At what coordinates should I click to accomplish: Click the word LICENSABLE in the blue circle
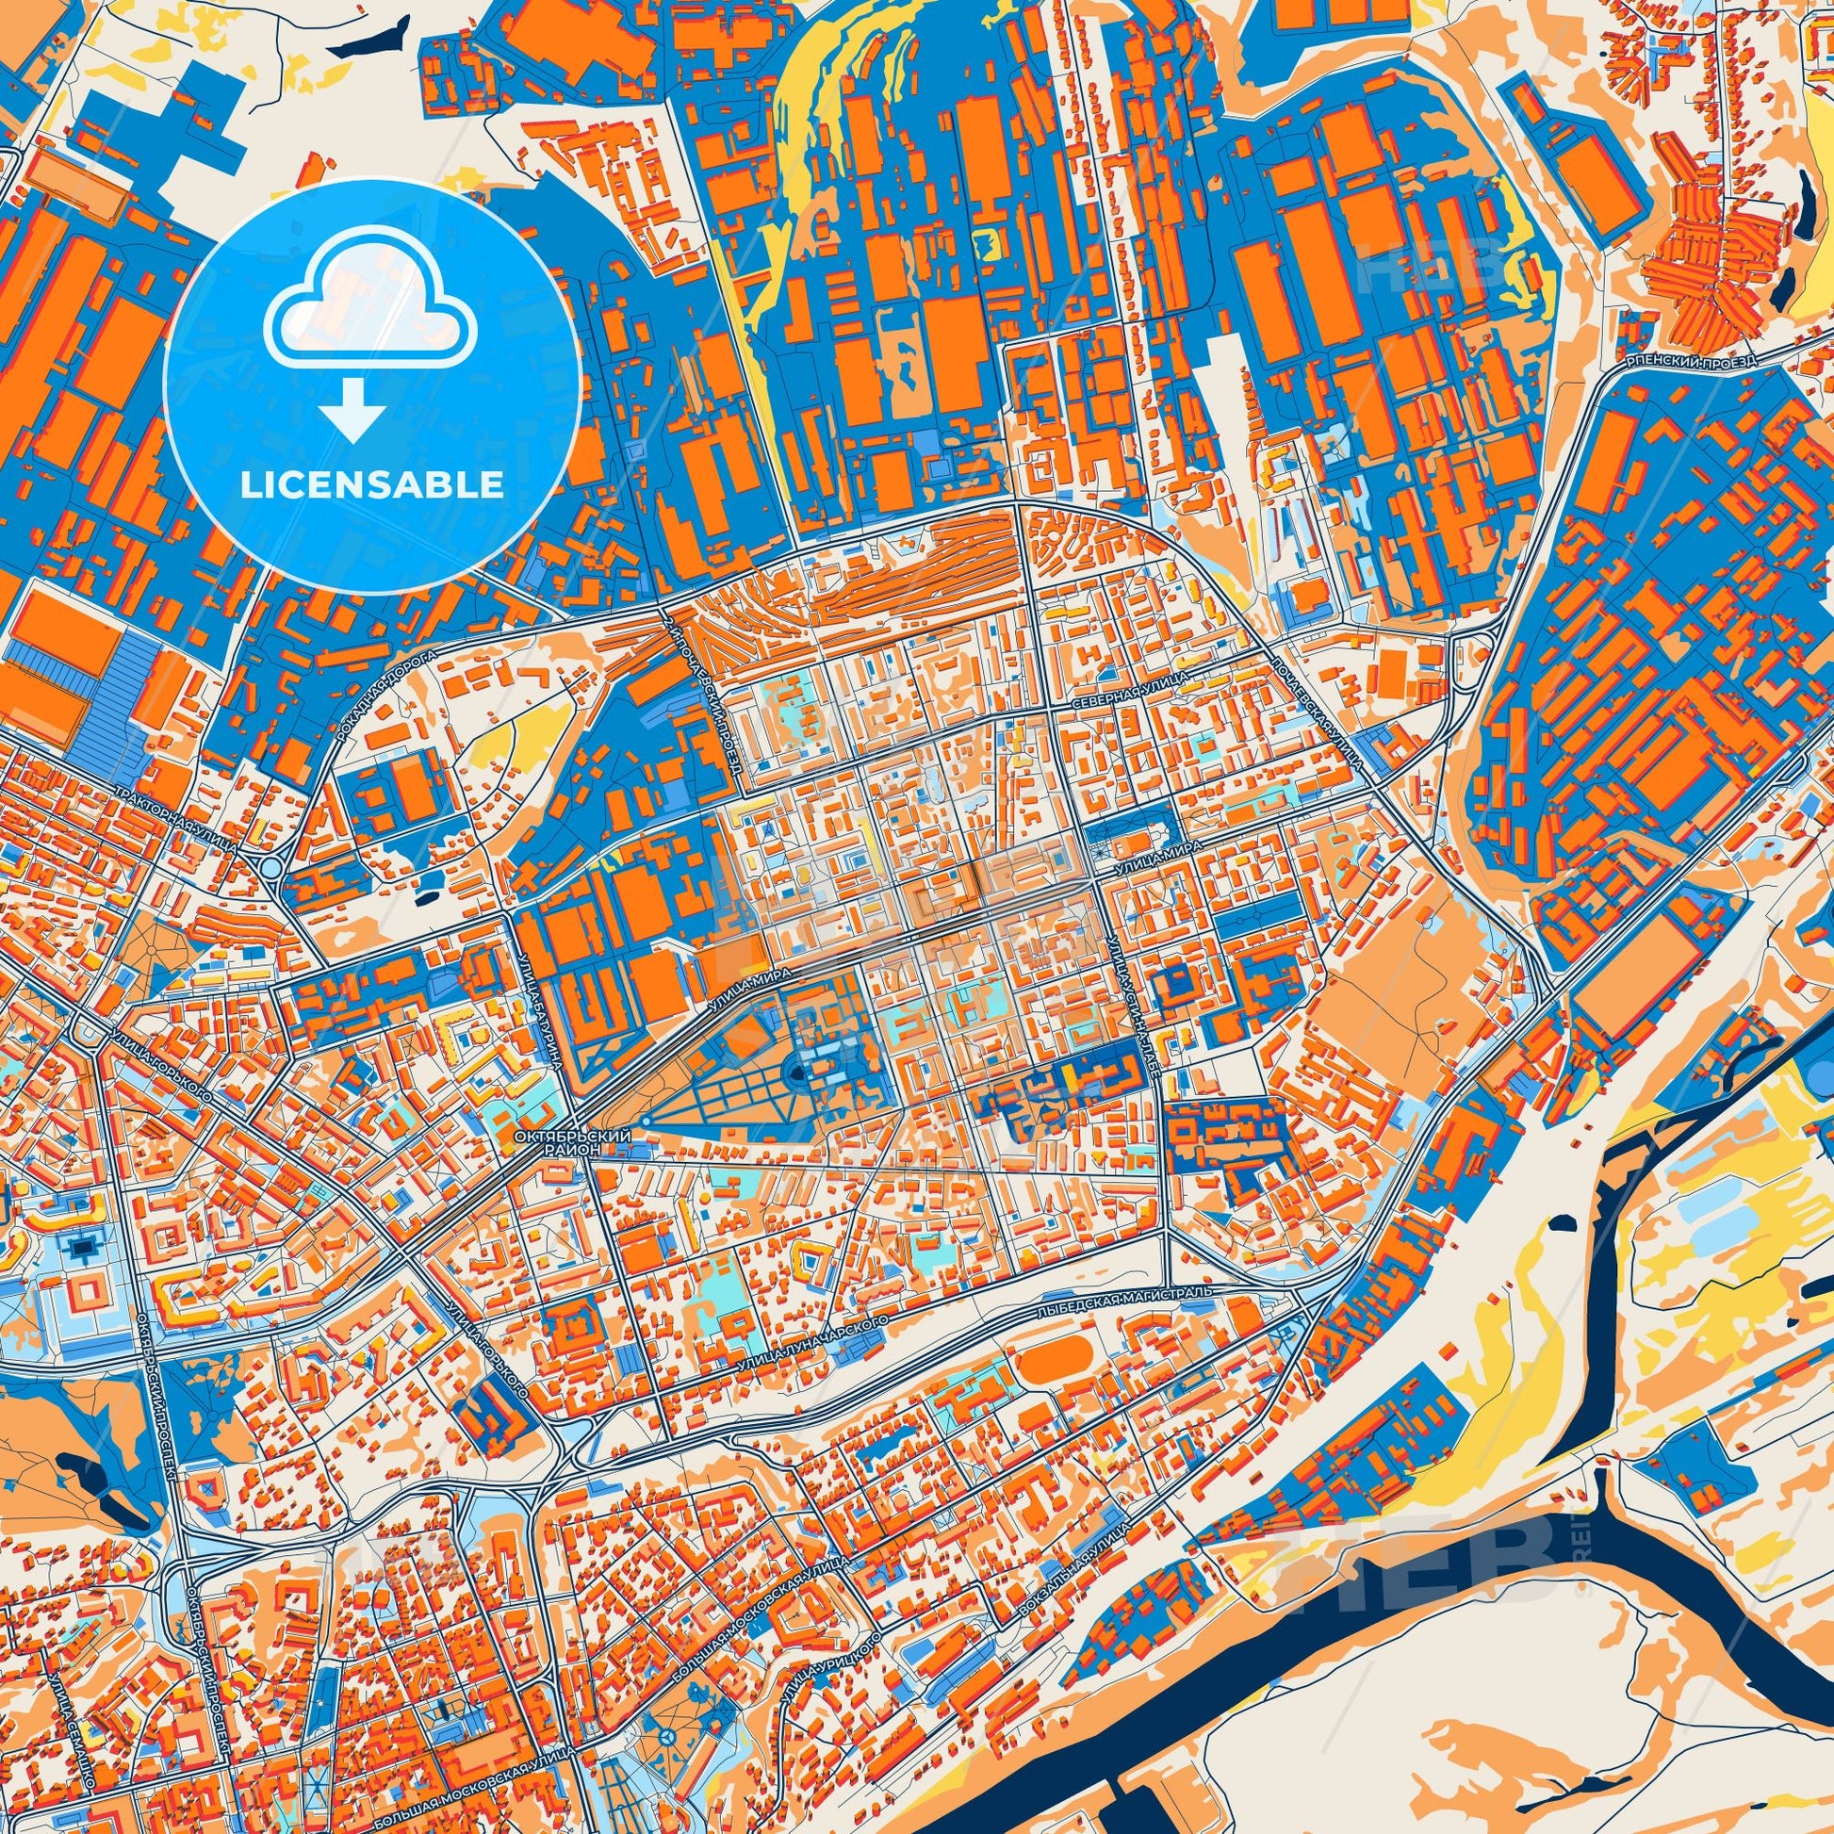[372, 485]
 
